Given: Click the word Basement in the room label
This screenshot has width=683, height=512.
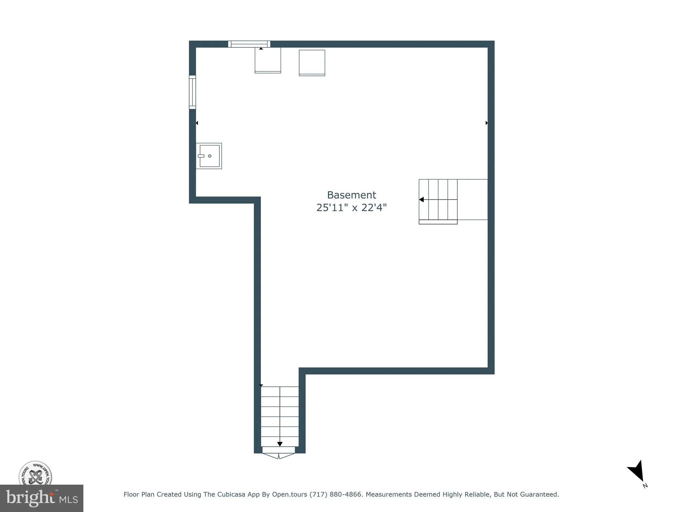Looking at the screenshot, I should [351, 195].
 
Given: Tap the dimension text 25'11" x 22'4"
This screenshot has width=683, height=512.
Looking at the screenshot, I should [351, 208].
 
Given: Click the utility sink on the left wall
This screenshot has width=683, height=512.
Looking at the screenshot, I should [209, 156].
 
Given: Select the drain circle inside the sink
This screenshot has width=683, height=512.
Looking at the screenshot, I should [210, 156].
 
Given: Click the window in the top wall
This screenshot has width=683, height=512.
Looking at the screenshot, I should [249, 44].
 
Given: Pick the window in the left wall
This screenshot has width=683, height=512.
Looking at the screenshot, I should [192, 92].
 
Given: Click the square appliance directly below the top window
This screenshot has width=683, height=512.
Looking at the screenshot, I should [268, 60].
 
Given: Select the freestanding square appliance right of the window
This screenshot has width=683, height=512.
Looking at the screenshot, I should [312, 63].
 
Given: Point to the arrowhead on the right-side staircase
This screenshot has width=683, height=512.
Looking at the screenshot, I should [422, 200].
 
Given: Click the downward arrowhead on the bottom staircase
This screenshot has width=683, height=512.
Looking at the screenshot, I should [280, 444].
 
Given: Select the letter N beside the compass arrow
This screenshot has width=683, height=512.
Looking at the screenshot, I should [645, 486].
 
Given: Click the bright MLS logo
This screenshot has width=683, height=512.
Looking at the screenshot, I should [42, 498].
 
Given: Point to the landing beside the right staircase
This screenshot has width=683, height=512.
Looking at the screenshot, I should [472, 200].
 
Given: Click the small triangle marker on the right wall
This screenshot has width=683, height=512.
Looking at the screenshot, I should [487, 123].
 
